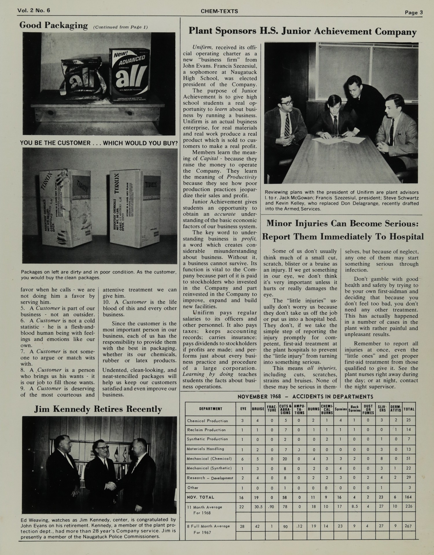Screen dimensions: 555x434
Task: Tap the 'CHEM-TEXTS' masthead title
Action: pyautogui.click(x=219, y=11)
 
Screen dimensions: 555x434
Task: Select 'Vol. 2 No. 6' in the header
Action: pyautogui.click(x=34, y=10)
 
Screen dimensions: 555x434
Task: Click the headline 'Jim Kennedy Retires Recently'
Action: pyautogui.click(x=98, y=409)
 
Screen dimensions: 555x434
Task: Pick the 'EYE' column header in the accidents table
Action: pyautogui.click(x=243, y=409)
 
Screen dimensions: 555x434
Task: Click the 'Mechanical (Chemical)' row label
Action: pyautogui.click(x=209, y=459)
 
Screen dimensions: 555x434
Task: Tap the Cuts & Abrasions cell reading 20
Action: pyautogui.click(x=285, y=459)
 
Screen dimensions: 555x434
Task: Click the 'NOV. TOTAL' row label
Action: pyautogui.click(x=201, y=497)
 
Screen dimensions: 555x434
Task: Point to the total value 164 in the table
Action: pyautogui.click(x=408, y=497)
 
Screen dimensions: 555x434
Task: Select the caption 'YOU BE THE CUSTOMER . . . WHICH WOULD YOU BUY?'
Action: pyautogui.click(x=99, y=143)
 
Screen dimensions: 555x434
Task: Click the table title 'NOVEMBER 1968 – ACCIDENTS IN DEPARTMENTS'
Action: pyautogui.click(x=305, y=397)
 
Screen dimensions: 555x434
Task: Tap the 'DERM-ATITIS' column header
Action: pyautogui.click(x=395, y=409)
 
